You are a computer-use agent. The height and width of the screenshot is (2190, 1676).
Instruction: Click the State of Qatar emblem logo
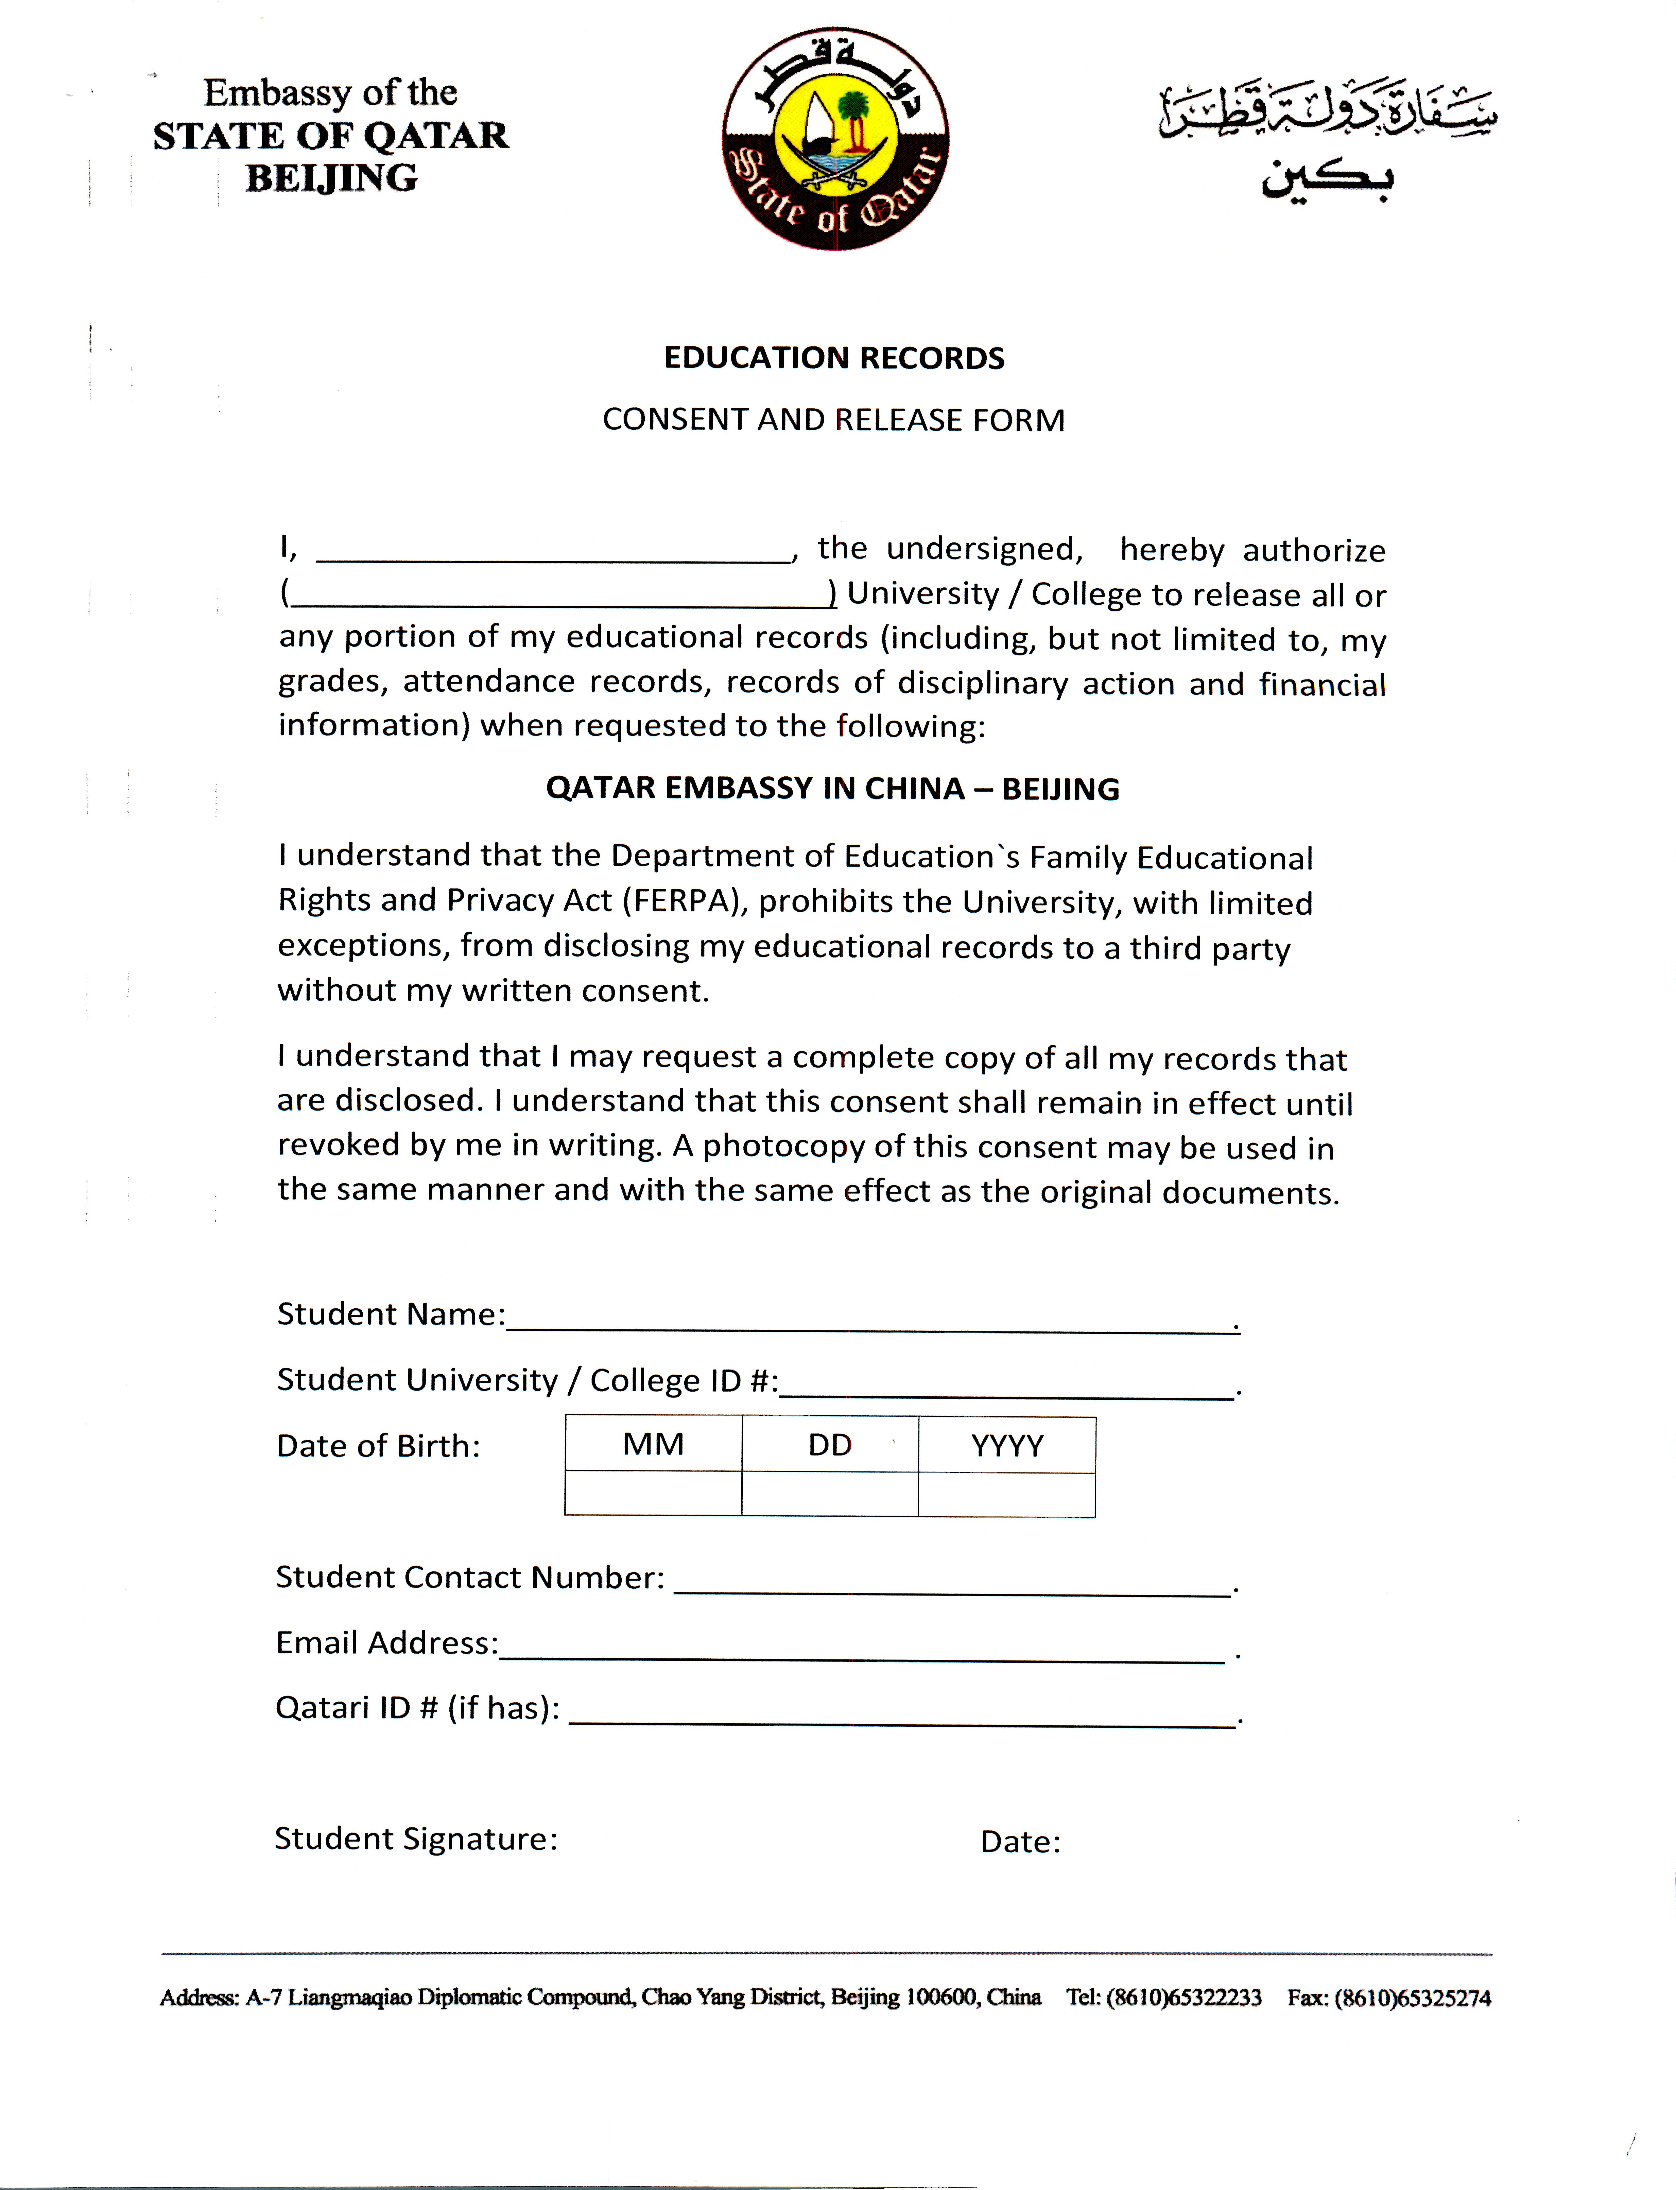click(x=835, y=139)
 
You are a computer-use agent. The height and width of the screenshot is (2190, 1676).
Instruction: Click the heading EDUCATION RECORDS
click(x=834, y=358)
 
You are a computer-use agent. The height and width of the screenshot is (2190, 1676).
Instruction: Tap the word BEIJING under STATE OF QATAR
click(x=331, y=178)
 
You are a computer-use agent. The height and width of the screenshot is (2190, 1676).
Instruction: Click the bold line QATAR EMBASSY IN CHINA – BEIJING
click(x=832, y=789)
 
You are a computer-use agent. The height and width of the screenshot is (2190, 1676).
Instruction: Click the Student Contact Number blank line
click(x=953, y=1586)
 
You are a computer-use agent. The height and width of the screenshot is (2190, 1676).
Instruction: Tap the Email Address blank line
click(x=862, y=1652)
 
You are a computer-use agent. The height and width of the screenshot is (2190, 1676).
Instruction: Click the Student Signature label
click(x=416, y=1839)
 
